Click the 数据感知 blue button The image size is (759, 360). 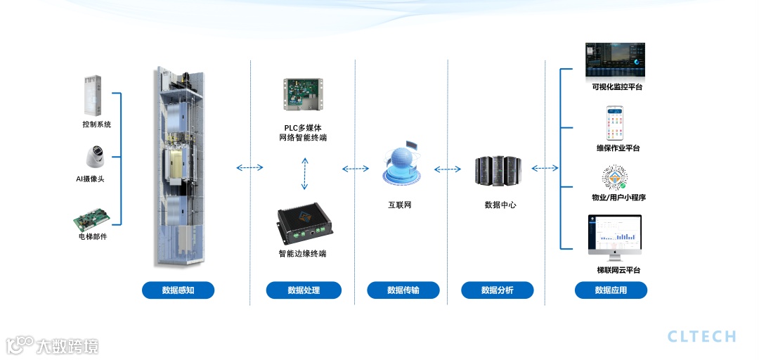tap(178, 290)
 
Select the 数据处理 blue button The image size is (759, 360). tap(304, 290)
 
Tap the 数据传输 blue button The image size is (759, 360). tap(403, 290)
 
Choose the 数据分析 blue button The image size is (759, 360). tap(497, 290)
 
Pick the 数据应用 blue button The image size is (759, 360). tap(611, 290)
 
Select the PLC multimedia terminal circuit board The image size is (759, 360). tap(304, 94)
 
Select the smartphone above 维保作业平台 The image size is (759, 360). tap(616, 124)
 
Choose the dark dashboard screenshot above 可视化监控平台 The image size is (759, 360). tap(615, 61)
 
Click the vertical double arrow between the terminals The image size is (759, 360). tap(304, 174)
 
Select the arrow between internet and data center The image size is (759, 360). tap(448, 169)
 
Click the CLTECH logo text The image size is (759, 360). tap(701, 336)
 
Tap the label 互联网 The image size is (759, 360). tap(400, 205)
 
